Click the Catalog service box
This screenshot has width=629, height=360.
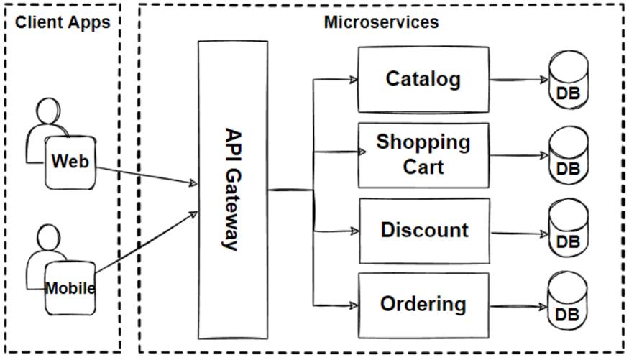(423, 79)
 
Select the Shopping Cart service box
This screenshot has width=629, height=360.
(423, 154)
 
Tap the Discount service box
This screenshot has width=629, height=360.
(423, 230)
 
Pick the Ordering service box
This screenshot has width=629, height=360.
(423, 303)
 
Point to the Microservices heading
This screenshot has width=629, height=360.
(380, 22)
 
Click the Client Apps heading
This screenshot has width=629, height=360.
(63, 22)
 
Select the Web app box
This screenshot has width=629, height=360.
(70, 162)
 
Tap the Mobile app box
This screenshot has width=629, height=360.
(70, 289)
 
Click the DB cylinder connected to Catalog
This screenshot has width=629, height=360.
(567, 81)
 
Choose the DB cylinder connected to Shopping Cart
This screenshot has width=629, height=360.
(567, 156)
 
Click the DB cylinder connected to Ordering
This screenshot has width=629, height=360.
(567, 304)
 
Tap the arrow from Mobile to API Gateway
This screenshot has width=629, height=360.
(144, 244)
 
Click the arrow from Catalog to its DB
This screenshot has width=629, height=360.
(518, 80)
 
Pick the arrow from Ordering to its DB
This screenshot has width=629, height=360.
(518, 304)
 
